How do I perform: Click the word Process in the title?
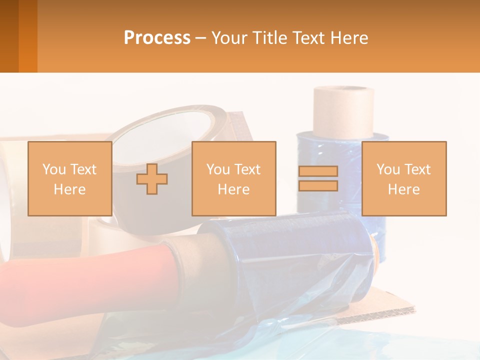157,38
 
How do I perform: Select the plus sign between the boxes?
152,179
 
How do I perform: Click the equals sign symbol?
318,178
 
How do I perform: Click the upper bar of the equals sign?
318,171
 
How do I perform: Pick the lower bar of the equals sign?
318,185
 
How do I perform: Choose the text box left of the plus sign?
70,178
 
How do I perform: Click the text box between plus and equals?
234,178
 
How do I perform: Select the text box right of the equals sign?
404,178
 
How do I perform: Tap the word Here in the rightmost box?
404,189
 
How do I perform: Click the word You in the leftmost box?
53,169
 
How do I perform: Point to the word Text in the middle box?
248,169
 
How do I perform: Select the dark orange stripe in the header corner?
28,36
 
